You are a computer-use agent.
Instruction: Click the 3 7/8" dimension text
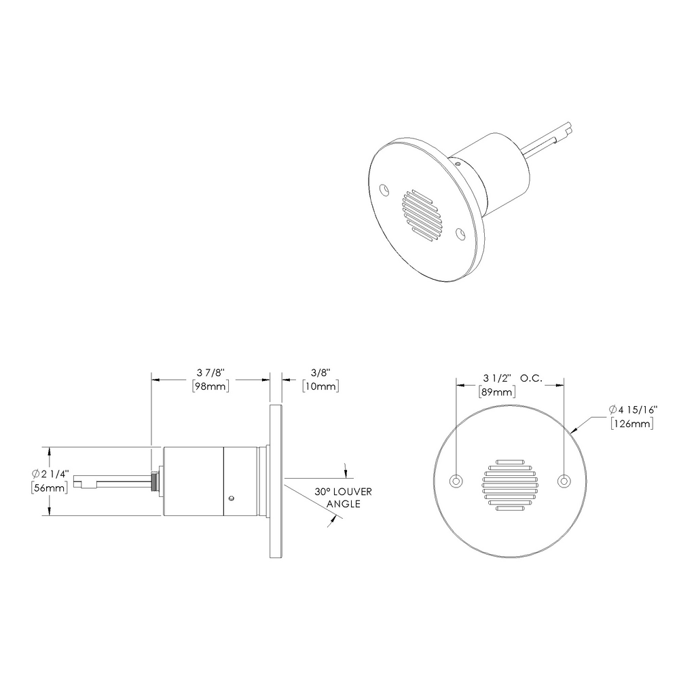pyautogui.click(x=210, y=373)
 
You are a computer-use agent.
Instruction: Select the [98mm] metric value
pyautogui.click(x=210, y=386)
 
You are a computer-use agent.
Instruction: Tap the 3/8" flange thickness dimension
pyautogui.click(x=320, y=373)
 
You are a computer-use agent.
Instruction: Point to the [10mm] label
pyautogui.click(x=320, y=386)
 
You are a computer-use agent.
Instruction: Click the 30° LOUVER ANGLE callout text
pyautogui.click(x=342, y=498)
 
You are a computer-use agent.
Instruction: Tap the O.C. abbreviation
pyautogui.click(x=531, y=378)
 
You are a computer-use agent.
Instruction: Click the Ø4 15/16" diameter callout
pyautogui.click(x=631, y=409)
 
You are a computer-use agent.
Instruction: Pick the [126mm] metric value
pyautogui.click(x=632, y=424)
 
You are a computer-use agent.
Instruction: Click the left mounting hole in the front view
pyautogui.click(x=456, y=481)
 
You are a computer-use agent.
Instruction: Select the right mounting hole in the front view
pyautogui.click(x=563, y=481)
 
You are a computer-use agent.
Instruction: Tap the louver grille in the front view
pyautogui.click(x=509, y=483)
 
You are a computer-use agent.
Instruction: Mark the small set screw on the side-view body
pyautogui.click(x=232, y=498)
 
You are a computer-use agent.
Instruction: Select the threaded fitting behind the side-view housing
pyautogui.click(x=155, y=481)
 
